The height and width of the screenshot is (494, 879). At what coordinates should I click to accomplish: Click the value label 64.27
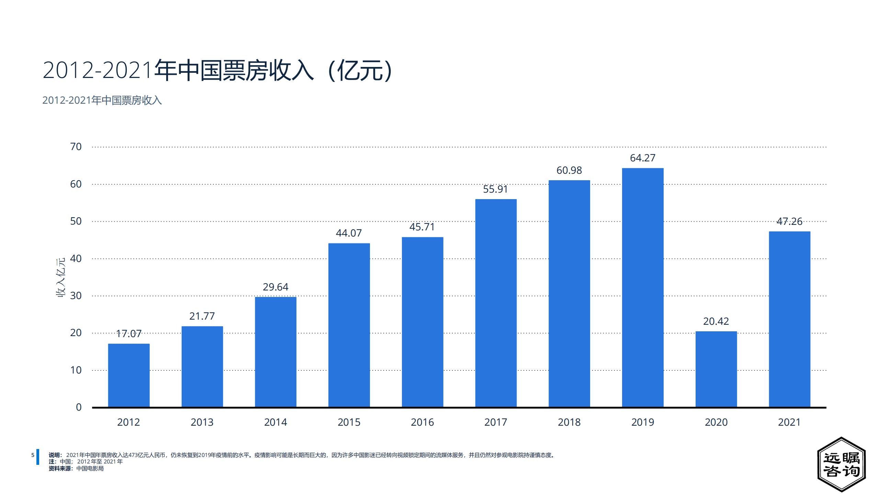click(x=642, y=158)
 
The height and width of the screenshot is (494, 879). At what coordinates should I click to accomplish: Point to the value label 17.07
click(x=128, y=334)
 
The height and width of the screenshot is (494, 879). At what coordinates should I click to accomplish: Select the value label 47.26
click(x=789, y=221)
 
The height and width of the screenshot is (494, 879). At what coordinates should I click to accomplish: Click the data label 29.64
click(x=275, y=287)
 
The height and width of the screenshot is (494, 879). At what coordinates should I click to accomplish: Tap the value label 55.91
click(x=495, y=189)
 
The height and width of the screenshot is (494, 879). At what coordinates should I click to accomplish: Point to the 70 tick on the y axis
click(x=76, y=147)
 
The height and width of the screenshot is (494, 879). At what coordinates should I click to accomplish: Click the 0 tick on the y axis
click(x=79, y=407)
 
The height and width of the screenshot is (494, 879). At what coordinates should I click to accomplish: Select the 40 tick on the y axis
click(x=76, y=259)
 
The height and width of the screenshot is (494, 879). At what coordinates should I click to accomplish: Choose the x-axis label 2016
click(x=422, y=422)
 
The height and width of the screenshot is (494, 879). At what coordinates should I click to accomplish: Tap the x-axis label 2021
click(x=789, y=422)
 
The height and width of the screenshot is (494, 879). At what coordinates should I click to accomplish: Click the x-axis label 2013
click(x=202, y=422)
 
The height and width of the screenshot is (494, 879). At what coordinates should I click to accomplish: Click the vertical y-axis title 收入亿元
click(x=61, y=277)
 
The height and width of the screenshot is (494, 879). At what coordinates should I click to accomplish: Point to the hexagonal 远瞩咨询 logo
click(x=841, y=464)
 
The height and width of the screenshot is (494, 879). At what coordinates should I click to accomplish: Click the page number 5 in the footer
click(x=33, y=455)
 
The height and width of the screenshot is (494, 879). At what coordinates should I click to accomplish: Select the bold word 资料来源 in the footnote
click(x=60, y=469)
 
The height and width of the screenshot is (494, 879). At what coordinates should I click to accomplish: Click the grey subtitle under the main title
click(x=102, y=100)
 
